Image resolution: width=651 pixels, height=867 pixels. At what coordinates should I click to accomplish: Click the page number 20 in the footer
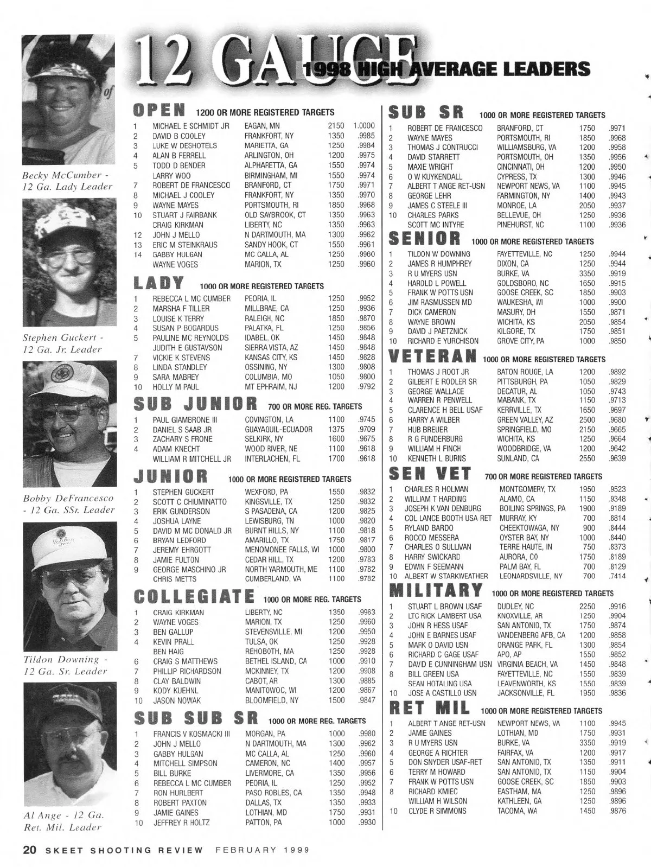point(29,850)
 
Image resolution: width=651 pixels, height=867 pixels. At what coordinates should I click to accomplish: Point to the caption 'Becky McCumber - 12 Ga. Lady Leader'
point(67,181)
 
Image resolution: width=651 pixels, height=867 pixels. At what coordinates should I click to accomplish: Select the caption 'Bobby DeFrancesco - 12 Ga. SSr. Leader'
point(68,504)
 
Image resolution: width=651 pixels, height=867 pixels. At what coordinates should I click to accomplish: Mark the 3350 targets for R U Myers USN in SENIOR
point(587,273)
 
